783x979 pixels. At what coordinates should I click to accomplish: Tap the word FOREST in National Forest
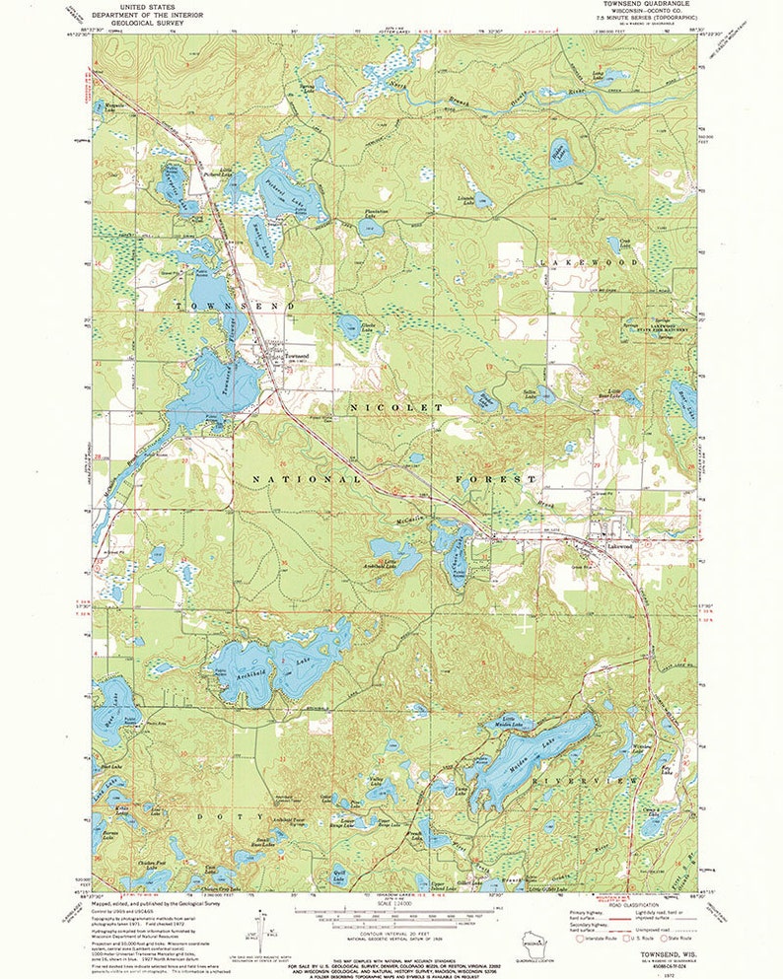click(497, 479)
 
